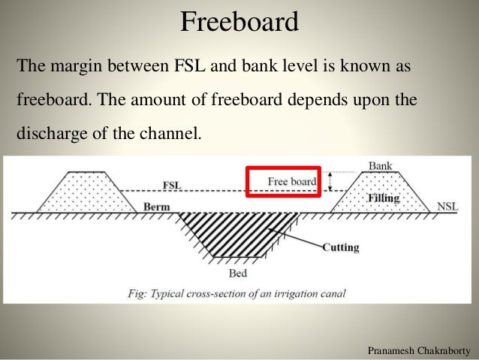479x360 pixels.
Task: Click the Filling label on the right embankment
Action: pos(386,198)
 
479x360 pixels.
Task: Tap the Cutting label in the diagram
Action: pos(340,247)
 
